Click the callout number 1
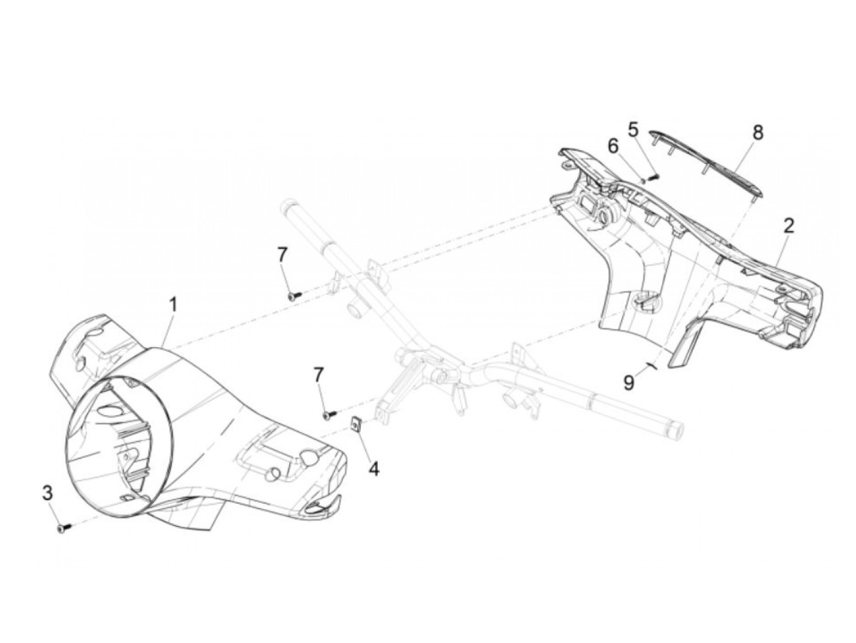(174, 304)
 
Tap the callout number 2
(789, 226)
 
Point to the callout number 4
(373, 469)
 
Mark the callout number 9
(629, 383)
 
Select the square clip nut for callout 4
(355, 422)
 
